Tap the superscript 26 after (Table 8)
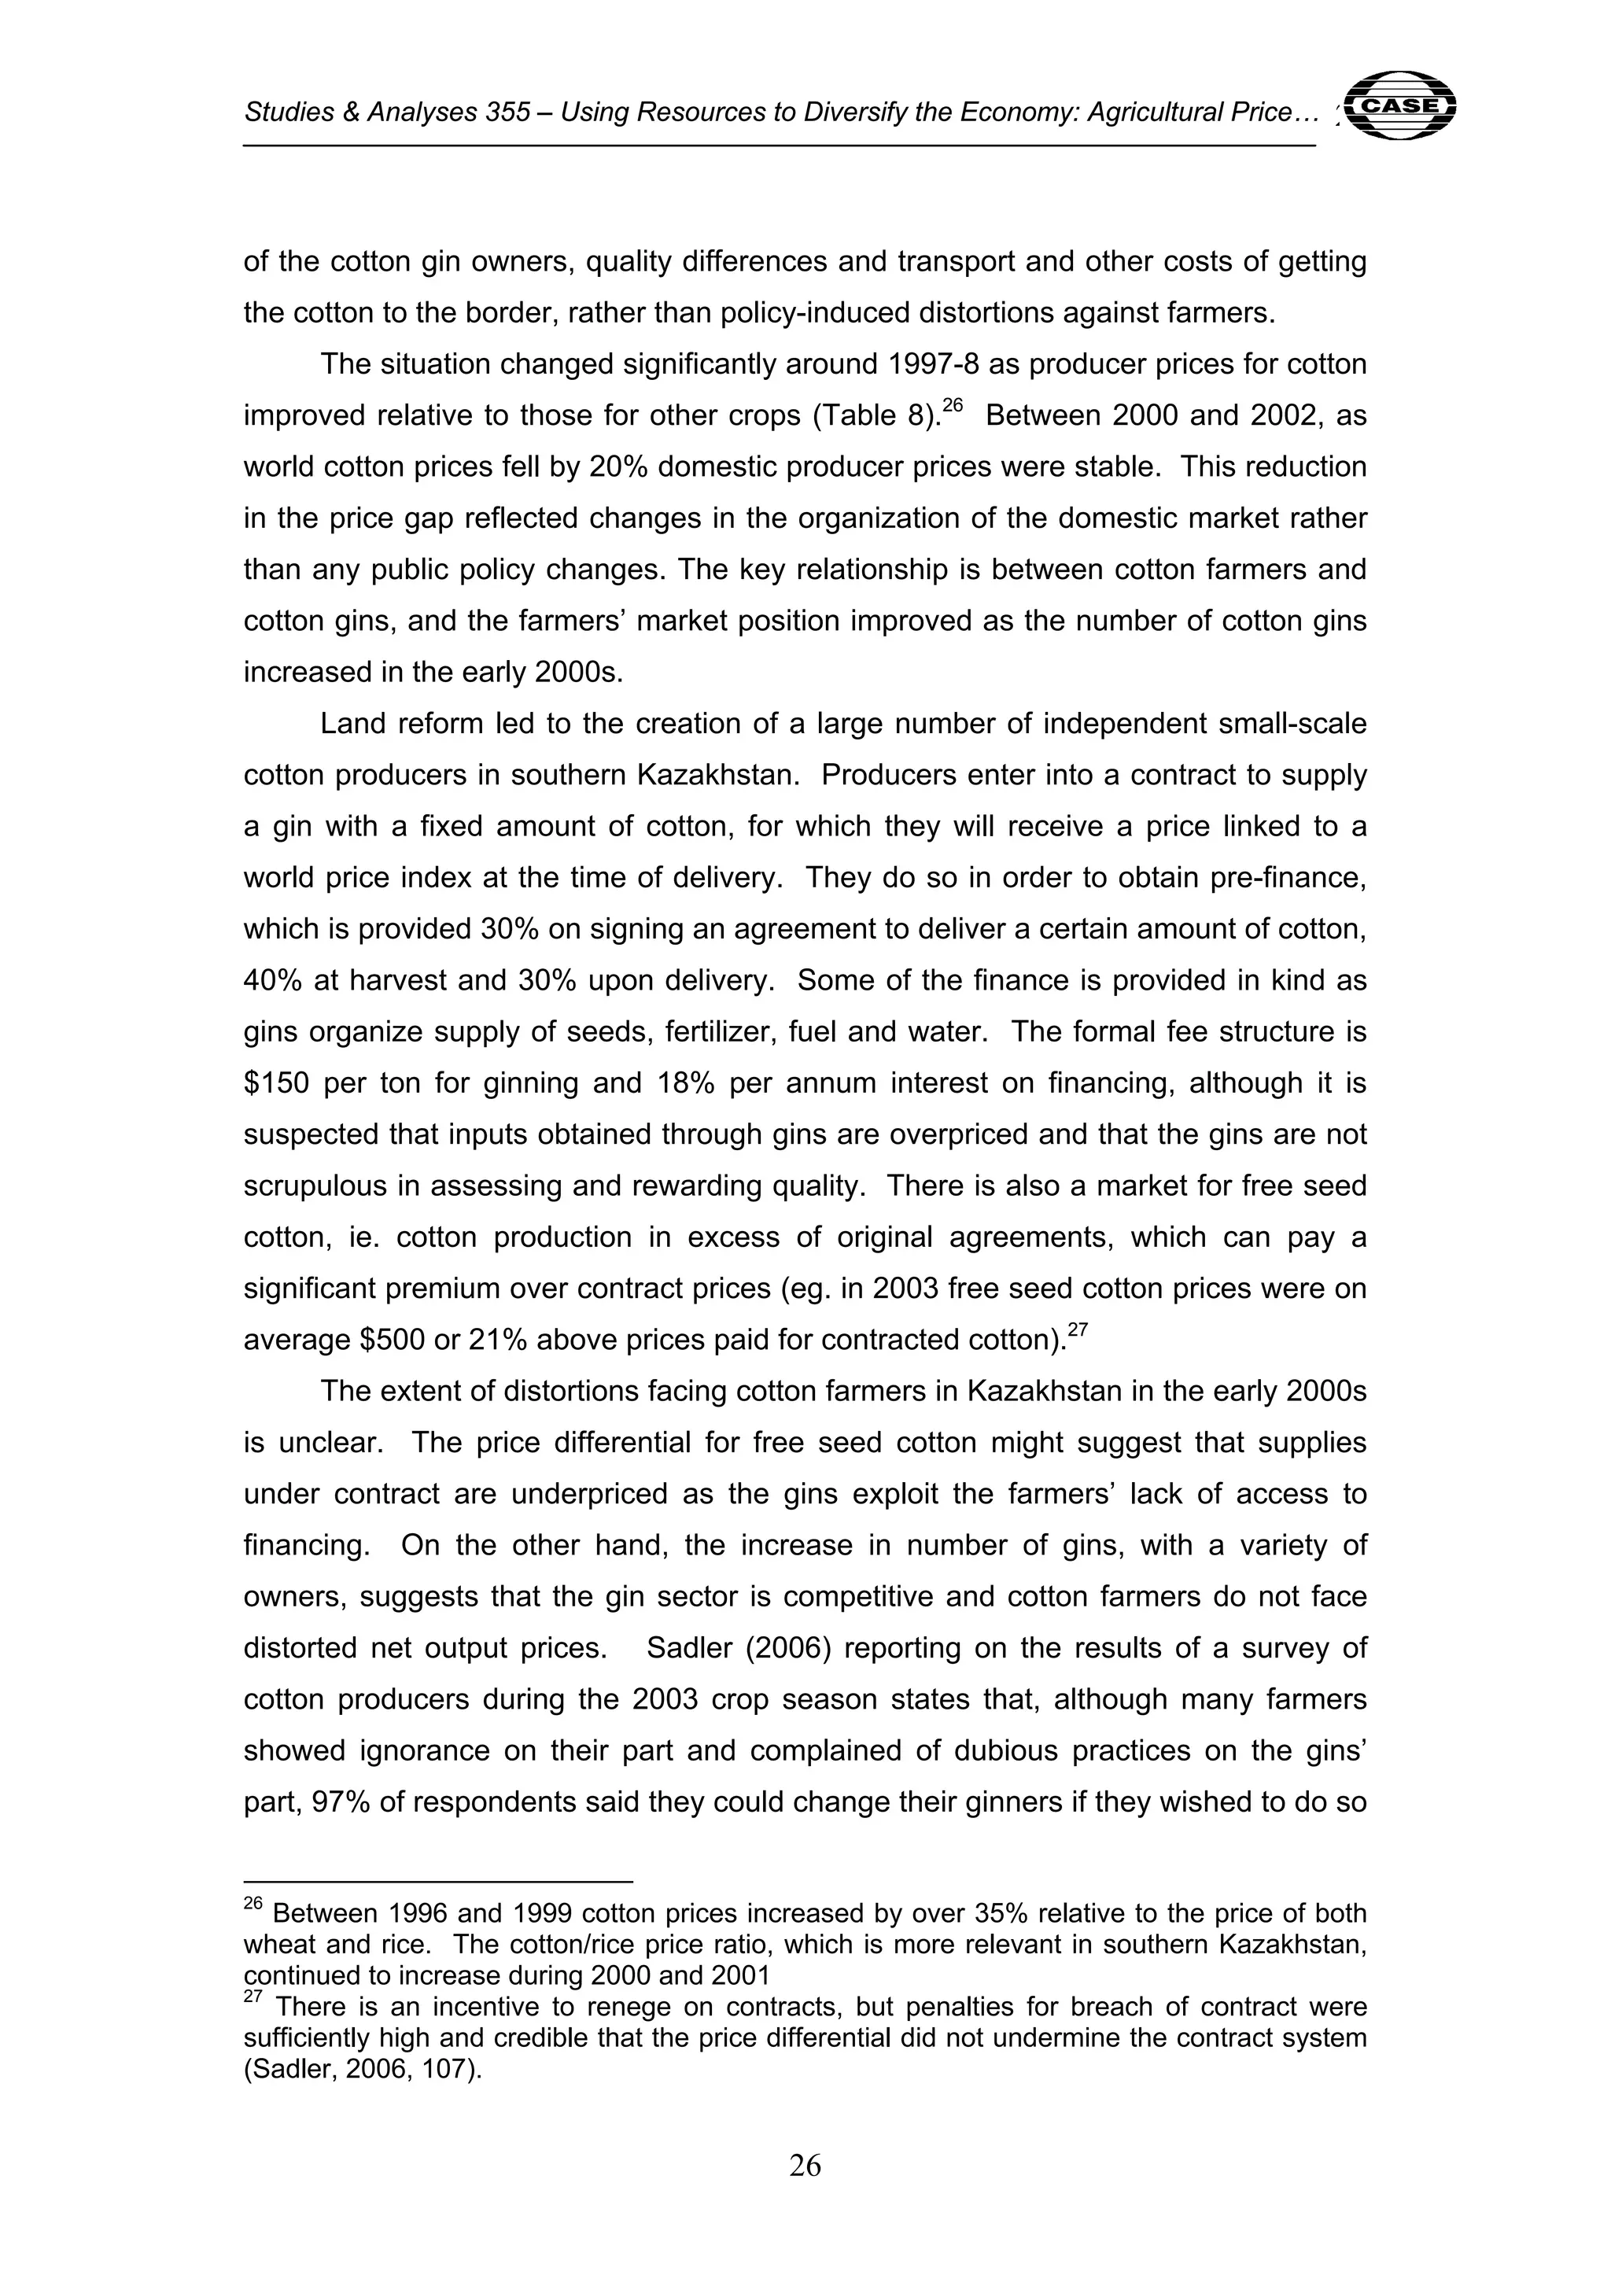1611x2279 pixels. [953, 405]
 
